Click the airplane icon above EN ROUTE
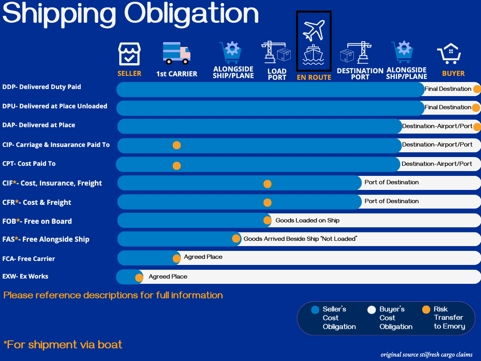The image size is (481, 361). click(x=314, y=30)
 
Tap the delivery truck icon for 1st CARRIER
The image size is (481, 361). click(x=177, y=53)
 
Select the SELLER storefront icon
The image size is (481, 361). click(x=129, y=54)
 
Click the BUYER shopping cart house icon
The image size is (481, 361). click(x=449, y=54)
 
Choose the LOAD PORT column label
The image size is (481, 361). click(x=277, y=74)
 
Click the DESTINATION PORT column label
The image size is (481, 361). click(x=360, y=74)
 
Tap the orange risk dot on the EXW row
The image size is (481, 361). click(x=139, y=278)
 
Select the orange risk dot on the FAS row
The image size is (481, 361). click(x=236, y=239)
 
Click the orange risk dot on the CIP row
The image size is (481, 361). click(x=177, y=145)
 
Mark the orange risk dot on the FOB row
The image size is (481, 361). click(x=267, y=220)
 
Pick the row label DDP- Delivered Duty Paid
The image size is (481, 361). click(x=42, y=87)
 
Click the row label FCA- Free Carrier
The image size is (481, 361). click(x=29, y=259)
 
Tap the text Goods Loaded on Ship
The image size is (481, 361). click(x=307, y=220)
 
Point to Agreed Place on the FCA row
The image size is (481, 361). click(x=203, y=257)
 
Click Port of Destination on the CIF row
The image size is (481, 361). click(x=392, y=182)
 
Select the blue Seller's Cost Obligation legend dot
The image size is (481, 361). click(x=315, y=310)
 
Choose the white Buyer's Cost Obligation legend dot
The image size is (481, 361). click(x=371, y=310)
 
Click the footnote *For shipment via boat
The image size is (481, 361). click(x=63, y=345)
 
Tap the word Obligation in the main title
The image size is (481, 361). click(x=192, y=14)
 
